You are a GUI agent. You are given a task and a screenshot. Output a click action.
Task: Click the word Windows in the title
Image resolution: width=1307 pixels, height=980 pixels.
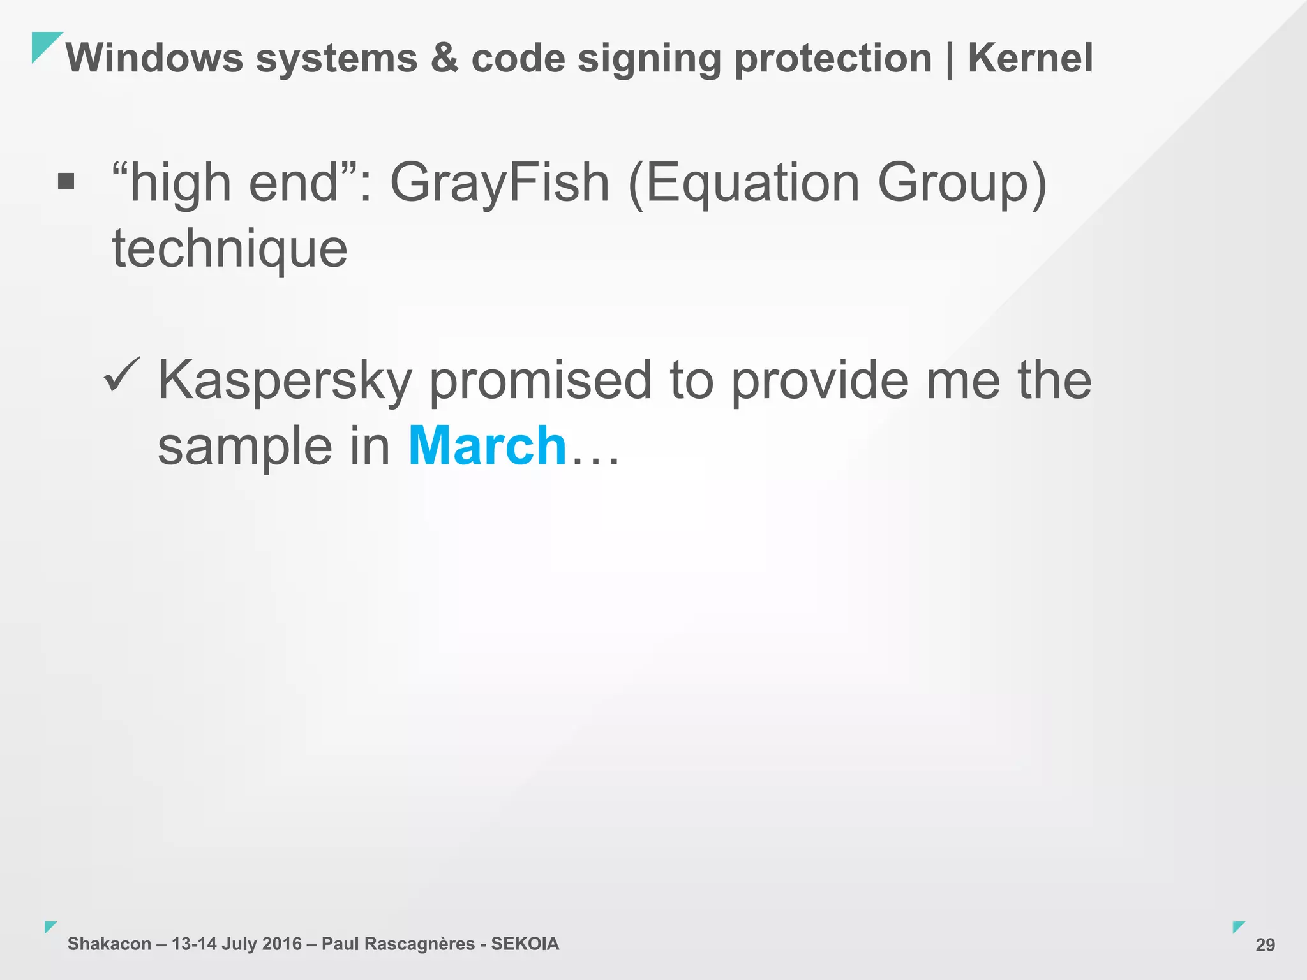point(154,58)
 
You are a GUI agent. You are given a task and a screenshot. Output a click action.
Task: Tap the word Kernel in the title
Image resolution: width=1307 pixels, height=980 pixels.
point(1030,58)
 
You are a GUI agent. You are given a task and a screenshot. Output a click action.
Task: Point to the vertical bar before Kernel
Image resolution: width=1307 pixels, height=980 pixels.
point(950,59)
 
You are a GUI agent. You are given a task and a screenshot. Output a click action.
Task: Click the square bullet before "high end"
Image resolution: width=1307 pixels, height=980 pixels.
point(66,182)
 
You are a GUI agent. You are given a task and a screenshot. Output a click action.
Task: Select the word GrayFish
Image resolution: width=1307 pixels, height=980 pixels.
point(500,183)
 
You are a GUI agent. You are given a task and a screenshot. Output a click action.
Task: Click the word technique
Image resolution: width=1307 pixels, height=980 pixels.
point(230,249)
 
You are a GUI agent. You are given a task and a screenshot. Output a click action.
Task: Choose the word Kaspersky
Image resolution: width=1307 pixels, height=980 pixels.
point(285,381)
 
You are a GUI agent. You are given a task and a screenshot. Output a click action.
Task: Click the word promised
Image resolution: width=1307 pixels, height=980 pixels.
point(540,381)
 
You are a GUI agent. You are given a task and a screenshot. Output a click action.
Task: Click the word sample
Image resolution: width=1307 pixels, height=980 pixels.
point(244,447)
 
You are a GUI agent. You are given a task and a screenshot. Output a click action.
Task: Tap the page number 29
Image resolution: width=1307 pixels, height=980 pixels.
point(1265,945)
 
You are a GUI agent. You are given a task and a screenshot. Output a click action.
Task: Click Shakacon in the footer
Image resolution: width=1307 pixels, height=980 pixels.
point(109,944)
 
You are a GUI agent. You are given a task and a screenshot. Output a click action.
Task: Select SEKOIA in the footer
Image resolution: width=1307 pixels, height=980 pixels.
point(525,944)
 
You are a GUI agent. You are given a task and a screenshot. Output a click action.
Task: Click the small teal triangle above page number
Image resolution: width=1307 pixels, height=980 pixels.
point(1237,926)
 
